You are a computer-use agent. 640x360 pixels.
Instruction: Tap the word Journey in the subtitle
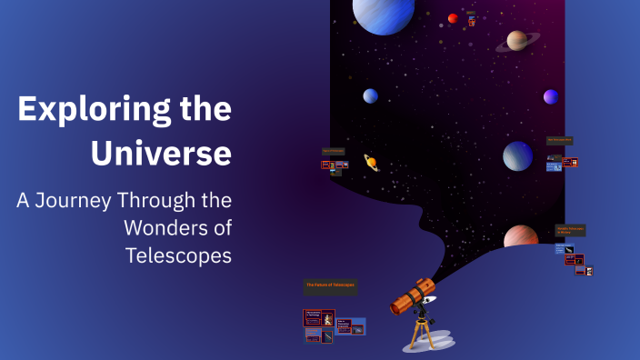point(77,200)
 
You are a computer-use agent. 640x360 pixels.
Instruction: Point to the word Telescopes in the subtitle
point(178,255)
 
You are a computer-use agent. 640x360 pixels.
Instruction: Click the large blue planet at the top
point(384,14)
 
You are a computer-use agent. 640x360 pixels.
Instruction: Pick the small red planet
point(453,18)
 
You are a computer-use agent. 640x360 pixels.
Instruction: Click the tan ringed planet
point(517,40)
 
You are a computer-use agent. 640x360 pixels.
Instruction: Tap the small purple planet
point(551,96)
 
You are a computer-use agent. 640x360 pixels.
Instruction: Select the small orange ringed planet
point(371,162)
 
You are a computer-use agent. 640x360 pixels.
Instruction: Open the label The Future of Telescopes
point(330,285)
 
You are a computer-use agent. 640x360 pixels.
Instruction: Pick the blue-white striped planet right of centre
point(518,155)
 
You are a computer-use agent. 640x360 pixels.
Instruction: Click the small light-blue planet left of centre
point(371,95)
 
